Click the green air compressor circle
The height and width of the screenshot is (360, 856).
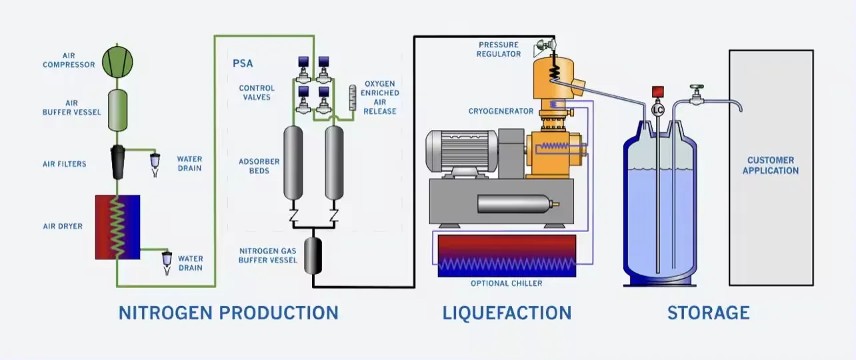[117, 62]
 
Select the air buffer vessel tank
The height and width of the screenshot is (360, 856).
[118, 111]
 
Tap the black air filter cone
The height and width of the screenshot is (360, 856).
[117, 162]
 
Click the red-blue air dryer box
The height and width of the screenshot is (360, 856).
[118, 227]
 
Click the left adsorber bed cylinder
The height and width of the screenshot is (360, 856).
[293, 163]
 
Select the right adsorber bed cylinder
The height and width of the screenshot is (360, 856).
[334, 163]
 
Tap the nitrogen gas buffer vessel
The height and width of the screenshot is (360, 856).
[313, 256]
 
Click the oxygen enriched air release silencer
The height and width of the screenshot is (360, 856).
[353, 98]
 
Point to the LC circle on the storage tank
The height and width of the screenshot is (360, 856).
[658, 110]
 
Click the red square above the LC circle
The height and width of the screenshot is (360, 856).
[658, 92]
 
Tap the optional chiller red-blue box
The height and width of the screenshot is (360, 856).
[507, 256]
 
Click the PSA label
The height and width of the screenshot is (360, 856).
[243, 63]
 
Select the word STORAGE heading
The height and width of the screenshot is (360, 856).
[708, 313]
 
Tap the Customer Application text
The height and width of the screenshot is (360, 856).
[771, 165]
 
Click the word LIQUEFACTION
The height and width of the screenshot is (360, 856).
[507, 313]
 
